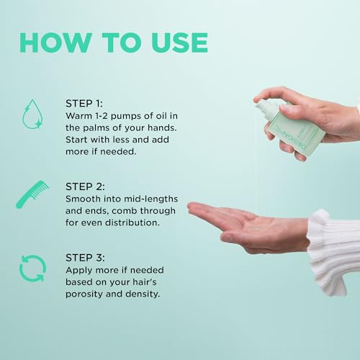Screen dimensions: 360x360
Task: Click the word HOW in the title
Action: tap(55, 42)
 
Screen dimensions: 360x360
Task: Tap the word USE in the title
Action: tap(179, 42)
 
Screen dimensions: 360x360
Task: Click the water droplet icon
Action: tap(32, 114)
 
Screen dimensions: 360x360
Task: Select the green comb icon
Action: tap(32, 194)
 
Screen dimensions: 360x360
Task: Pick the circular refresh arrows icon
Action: tap(32, 268)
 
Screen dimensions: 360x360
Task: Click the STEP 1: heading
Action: tap(84, 104)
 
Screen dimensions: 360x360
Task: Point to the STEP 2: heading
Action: tap(85, 186)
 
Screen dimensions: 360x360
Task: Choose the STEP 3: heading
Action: tap(85, 258)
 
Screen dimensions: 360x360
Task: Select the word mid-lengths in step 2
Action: tap(150, 199)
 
